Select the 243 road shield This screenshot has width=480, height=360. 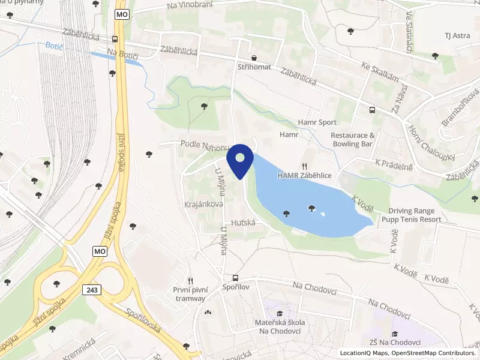click(x=92, y=290)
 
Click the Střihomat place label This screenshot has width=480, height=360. click(x=254, y=67)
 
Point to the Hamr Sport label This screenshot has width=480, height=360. click(x=317, y=122)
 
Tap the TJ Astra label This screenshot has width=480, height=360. click(x=457, y=35)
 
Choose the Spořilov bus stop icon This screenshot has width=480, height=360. click(x=235, y=278)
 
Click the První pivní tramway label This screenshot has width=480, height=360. click(x=190, y=294)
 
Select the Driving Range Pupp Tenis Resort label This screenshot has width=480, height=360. click(x=415, y=215)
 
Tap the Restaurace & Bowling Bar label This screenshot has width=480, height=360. click(x=353, y=140)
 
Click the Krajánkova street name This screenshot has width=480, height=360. click(x=204, y=204)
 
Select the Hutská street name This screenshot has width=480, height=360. click(x=244, y=222)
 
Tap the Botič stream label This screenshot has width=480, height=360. click(x=55, y=46)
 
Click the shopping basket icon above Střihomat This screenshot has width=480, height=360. click(x=255, y=58)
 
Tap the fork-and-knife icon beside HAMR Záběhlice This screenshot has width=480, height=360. click(x=305, y=166)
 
